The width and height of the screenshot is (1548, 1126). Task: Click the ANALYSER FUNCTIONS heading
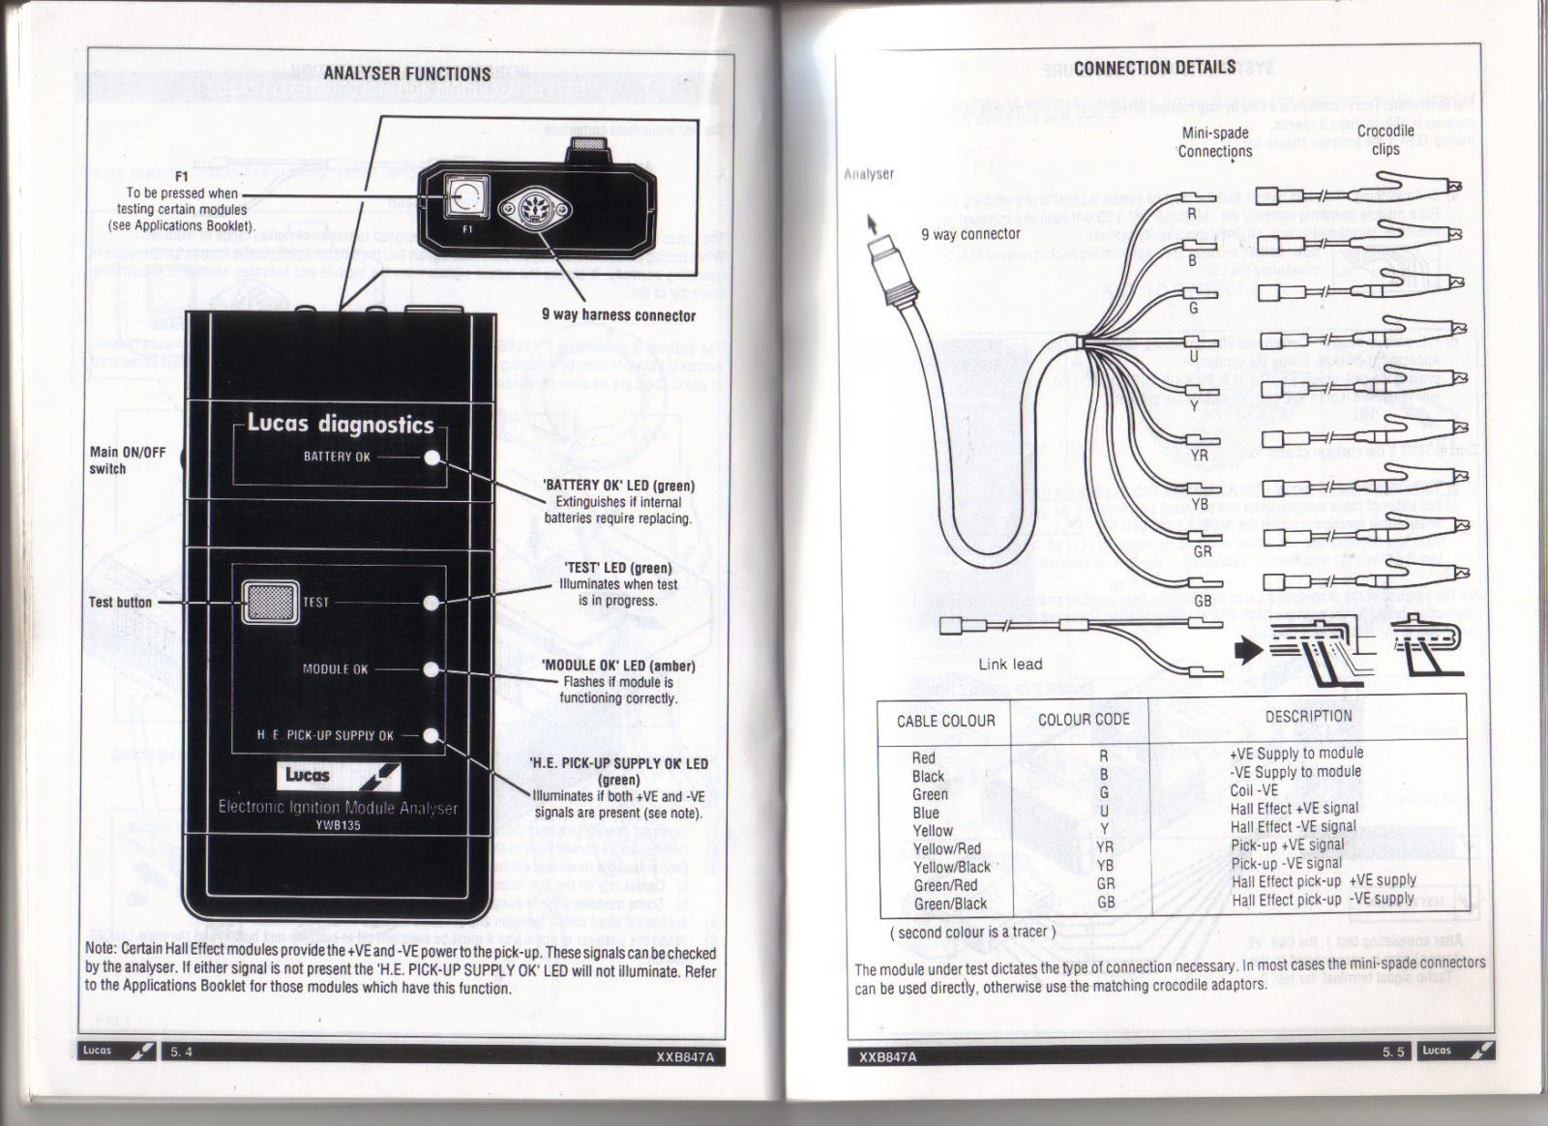click(406, 74)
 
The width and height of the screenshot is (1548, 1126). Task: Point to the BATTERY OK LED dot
click(433, 458)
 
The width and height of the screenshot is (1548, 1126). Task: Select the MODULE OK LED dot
click(433, 669)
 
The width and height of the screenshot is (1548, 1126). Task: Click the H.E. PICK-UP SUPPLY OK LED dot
click(433, 735)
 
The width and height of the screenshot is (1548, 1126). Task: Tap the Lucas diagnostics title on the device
click(341, 424)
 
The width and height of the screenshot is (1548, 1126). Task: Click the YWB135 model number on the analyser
click(338, 825)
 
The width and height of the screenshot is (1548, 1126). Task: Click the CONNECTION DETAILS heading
click(1154, 68)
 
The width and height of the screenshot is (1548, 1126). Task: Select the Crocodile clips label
click(1384, 139)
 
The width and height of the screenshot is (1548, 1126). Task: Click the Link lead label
click(1010, 665)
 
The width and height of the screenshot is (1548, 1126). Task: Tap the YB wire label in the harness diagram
click(1200, 504)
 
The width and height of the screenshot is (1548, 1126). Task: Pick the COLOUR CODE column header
click(1084, 720)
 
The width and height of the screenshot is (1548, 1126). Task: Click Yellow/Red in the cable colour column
click(947, 849)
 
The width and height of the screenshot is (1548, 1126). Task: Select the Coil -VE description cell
click(1254, 790)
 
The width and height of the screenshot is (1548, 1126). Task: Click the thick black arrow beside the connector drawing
click(1251, 650)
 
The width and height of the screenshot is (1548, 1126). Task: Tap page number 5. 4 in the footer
click(181, 1052)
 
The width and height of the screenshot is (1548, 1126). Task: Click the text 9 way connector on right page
click(970, 234)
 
